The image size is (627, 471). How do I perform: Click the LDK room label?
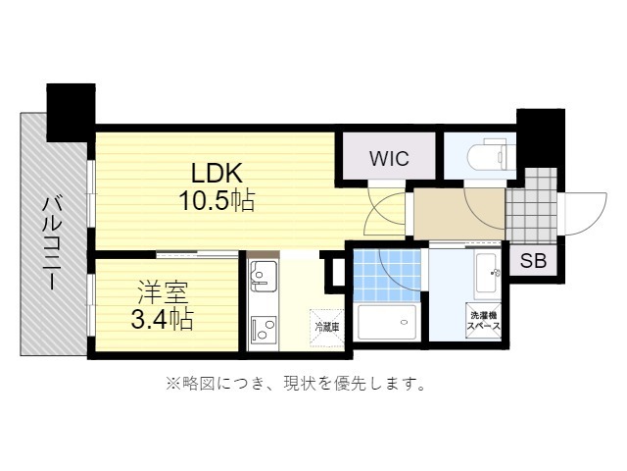(x=217, y=174)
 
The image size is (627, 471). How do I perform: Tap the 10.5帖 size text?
(x=217, y=200)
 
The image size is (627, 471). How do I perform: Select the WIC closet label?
(x=389, y=159)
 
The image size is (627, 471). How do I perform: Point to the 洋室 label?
(x=164, y=293)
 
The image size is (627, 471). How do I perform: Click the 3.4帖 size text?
(x=163, y=319)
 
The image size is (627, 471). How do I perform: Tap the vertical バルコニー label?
(x=52, y=243)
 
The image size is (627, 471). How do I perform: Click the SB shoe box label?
(x=533, y=261)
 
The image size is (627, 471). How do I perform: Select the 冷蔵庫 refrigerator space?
(x=327, y=327)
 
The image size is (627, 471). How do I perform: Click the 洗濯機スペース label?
(x=484, y=321)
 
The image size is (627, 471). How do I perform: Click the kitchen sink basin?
(x=263, y=277)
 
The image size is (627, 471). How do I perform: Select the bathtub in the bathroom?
(x=387, y=322)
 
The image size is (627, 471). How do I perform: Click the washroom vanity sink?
(x=488, y=275)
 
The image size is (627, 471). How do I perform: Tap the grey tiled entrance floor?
(x=531, y=206)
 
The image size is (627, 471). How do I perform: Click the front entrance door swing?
(x=584, y=214)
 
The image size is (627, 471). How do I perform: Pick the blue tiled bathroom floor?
(x=387, y=276)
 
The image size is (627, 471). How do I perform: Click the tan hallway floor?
(x=459, y=214)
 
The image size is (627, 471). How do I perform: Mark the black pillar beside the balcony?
(x=72, y=112)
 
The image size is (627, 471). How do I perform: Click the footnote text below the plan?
(x=296, y=384)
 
